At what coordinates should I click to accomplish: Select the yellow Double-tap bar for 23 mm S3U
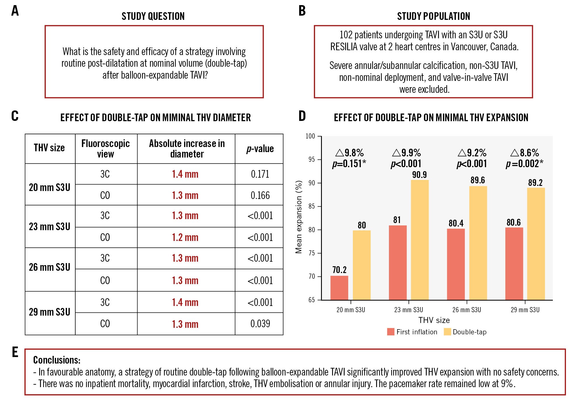tap(420, 240)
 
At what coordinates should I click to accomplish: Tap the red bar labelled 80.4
tap(456, 264)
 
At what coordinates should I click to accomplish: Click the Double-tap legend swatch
tap(447, 332)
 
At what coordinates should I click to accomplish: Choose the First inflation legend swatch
tap(391, 332)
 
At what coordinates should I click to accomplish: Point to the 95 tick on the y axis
tap(312, 160)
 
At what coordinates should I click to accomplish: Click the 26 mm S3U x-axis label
tap(466, 310)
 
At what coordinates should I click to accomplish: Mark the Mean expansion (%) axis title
tap(298, 217)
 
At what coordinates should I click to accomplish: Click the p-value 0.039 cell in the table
tap(260, 324)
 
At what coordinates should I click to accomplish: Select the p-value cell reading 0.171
tap(260, 174)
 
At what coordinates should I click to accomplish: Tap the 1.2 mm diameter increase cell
tap(185, 237)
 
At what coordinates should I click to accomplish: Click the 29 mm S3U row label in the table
tap(50, 312)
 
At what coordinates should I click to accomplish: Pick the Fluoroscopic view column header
tap(105, 148)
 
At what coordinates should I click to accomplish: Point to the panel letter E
tap(15, 352)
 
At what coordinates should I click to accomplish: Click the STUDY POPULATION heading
tap(434, 16)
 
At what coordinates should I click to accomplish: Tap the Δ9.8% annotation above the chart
tap(349, 153)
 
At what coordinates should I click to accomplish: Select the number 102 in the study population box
tap(346, 35)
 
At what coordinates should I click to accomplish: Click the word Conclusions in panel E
tap(57, 360)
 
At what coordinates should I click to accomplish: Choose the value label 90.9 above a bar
tap(419, 175)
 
